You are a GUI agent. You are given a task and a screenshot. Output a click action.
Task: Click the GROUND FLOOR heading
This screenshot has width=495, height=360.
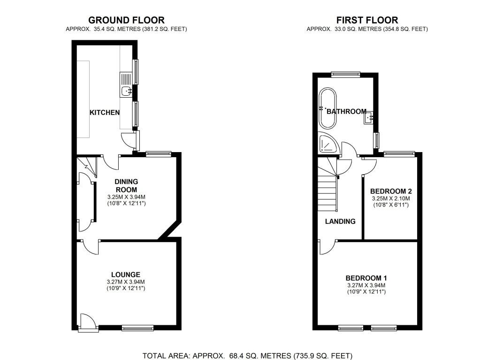126,20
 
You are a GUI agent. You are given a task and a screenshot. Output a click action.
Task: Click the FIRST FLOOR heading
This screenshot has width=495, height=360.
367,20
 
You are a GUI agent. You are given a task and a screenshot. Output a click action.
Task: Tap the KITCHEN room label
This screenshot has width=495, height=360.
105,113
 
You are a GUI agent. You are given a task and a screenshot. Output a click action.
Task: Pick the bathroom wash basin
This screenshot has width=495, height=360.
368,118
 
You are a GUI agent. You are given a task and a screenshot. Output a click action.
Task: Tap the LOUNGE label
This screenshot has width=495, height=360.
126,275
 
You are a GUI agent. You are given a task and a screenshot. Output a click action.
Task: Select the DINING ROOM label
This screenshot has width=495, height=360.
126,186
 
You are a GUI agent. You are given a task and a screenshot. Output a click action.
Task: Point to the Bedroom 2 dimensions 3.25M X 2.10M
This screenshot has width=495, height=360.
391,199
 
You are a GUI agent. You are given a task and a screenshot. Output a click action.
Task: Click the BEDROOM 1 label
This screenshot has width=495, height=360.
366,278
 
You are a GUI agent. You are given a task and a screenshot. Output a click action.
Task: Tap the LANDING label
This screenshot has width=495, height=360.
340,222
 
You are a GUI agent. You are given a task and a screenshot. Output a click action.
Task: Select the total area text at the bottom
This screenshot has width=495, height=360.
248,356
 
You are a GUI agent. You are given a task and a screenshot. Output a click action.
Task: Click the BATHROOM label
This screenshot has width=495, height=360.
346,112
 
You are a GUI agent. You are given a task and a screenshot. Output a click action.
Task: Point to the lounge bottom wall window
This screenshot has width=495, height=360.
137,328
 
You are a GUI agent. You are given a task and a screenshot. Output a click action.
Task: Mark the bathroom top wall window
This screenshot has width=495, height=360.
346,74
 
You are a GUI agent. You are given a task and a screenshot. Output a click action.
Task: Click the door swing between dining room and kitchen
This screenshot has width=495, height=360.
110,162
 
